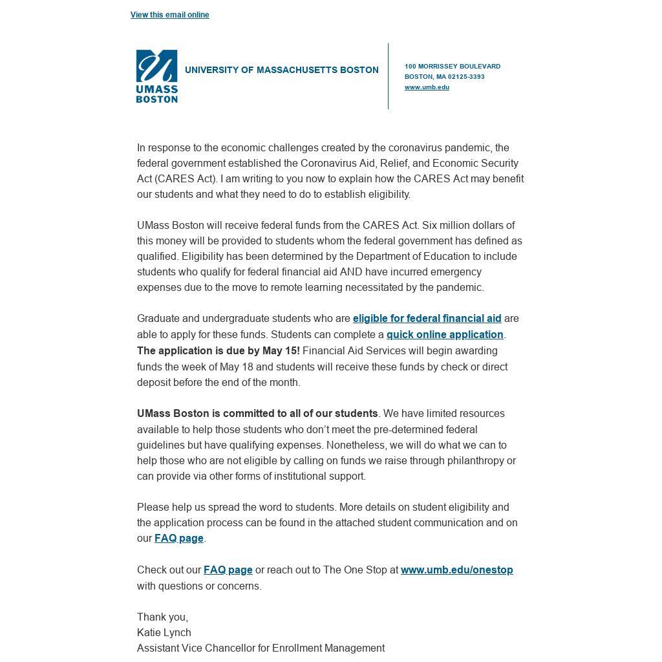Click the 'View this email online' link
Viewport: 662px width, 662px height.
coord(169,15)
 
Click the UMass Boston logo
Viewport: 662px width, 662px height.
coord(156,76)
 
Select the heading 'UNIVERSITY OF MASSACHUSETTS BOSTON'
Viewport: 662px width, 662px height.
coord(281,70)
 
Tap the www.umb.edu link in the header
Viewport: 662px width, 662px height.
coord(427,87)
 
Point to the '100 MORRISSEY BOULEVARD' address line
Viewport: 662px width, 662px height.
coord(452,67)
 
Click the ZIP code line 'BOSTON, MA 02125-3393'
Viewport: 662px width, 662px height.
coord(444,77)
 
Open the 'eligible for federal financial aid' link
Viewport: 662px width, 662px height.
coord(427,319)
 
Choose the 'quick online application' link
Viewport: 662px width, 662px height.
coord(445,335)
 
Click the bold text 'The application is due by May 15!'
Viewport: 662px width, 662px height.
coord(219,351)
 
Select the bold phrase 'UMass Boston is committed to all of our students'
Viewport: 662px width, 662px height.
coord(257,414)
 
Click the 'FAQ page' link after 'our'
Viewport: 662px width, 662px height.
coord(179,539)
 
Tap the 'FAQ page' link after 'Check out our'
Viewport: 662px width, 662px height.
coord(228,570)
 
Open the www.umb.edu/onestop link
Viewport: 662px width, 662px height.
coord(456,570)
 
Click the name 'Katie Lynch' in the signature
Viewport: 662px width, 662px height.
coord(164,633)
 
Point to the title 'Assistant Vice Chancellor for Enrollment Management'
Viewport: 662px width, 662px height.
coord(261,648)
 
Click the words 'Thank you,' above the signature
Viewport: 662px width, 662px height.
coord(162,617)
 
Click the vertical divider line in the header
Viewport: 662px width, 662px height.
coord(389,76)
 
